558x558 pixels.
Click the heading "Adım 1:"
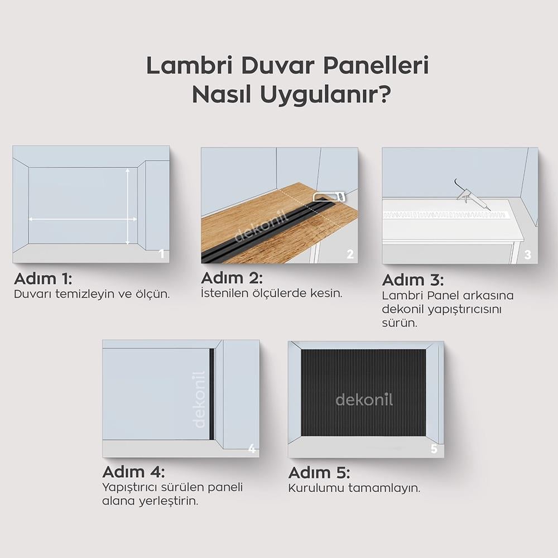point(43,278)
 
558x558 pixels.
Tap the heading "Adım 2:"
point(232,277)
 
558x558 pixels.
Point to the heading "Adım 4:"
point(133,472)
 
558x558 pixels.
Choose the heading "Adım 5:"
point(319,473)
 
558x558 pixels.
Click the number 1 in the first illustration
point(161,254)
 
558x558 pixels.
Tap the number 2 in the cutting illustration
point(350,254)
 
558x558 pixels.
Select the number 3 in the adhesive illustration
point(528,256)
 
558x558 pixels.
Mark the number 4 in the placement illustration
point(252,449)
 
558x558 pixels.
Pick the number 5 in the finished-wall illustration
point(434,449)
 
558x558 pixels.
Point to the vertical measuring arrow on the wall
point(128,206)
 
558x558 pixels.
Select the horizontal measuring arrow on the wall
point(83,220)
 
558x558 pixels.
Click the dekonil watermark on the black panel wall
point(364,400)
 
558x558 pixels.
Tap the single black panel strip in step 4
point(211,394)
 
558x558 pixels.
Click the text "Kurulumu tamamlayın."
point(354,488)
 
